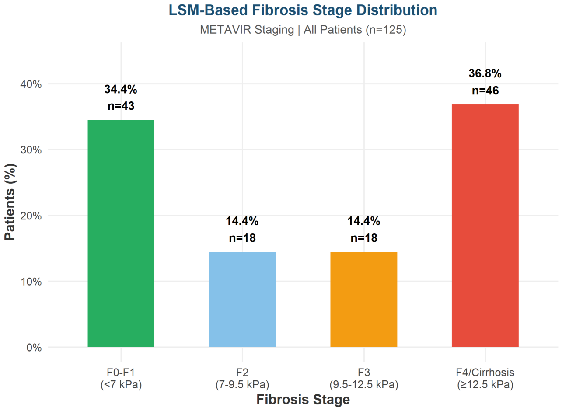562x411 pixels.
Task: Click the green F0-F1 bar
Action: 121,233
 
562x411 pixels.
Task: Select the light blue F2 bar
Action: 242,300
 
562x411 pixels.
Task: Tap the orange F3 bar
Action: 364,300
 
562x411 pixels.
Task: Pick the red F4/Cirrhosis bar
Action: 485,226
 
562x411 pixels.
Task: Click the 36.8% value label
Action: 485,73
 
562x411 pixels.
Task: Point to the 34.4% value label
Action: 121,89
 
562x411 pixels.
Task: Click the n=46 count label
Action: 485,91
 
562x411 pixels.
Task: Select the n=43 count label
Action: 121,106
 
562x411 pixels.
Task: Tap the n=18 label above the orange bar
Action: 364,238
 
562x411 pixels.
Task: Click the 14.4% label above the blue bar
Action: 242,221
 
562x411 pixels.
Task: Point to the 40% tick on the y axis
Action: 31,84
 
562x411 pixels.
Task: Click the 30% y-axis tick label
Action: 31,150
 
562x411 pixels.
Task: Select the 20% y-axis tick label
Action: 31,216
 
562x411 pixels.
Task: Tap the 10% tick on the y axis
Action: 31,282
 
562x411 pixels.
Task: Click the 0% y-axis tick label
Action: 34,348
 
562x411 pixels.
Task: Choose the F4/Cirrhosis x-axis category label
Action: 485,378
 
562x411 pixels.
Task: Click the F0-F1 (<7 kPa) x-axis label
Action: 121,378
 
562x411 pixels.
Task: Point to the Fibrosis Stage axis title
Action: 303,400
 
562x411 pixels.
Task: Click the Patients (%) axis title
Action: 10,202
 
